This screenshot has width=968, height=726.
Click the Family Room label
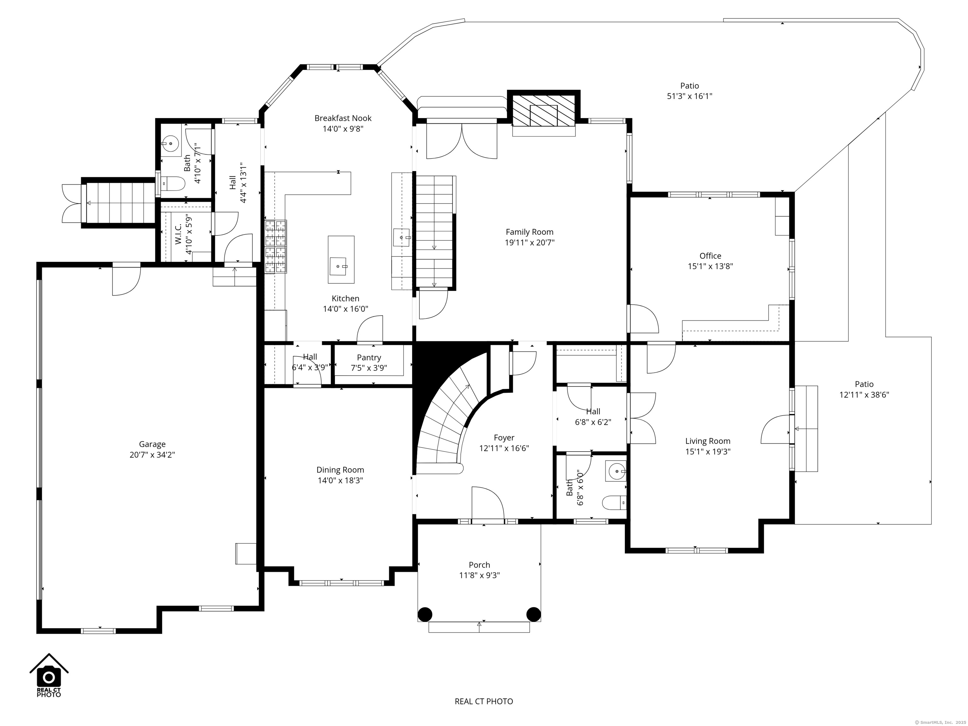point(529,232)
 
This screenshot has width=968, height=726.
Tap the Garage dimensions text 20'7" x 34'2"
point(152,455)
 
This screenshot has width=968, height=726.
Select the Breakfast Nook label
point(343,118)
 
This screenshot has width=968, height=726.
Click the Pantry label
point(369,358)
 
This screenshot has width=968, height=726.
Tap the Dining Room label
point(340,470)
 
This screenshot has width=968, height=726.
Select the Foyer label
point(504,438)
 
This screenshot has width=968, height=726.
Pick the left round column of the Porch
point(424,614)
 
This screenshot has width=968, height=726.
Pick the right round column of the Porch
point(533,614)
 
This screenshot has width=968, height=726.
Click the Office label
point(710,256)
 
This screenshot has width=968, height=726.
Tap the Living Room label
point(708,441)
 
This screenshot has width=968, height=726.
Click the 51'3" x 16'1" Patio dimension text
point(690,96)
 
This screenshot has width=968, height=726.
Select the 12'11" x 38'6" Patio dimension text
point(864,395)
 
